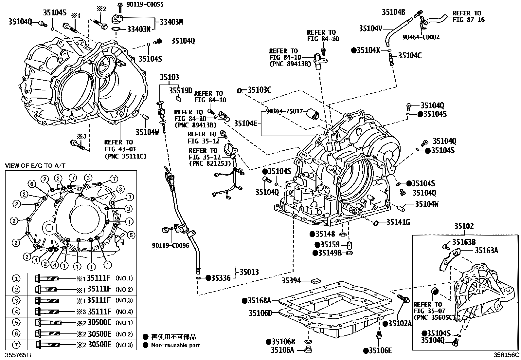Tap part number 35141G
tap(398, 222)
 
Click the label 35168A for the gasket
tap(260, 300)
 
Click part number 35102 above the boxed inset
tap(463, 226)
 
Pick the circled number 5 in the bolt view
tap(130, 235)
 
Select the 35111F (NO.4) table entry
tap(100, 312)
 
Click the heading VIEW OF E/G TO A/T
tap(35, 166)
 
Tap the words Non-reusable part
tap(175, 345)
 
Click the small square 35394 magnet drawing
tap(316, 281)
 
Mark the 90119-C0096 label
tap(171, 245)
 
